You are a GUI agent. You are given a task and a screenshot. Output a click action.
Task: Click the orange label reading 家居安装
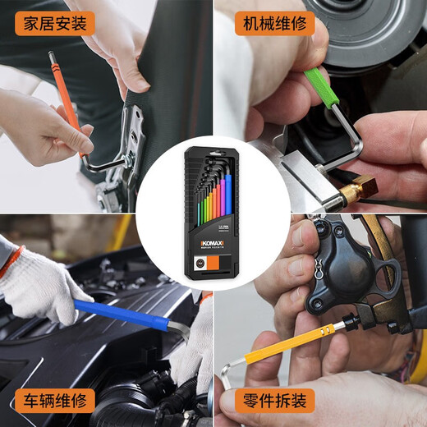(x=54, y=22)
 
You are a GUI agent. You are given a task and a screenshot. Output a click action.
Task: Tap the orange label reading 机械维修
(x=274, y=22)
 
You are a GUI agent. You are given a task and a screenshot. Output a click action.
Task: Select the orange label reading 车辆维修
(x=54, y=402)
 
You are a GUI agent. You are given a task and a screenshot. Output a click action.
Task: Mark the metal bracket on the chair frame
(x=128, y=144)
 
